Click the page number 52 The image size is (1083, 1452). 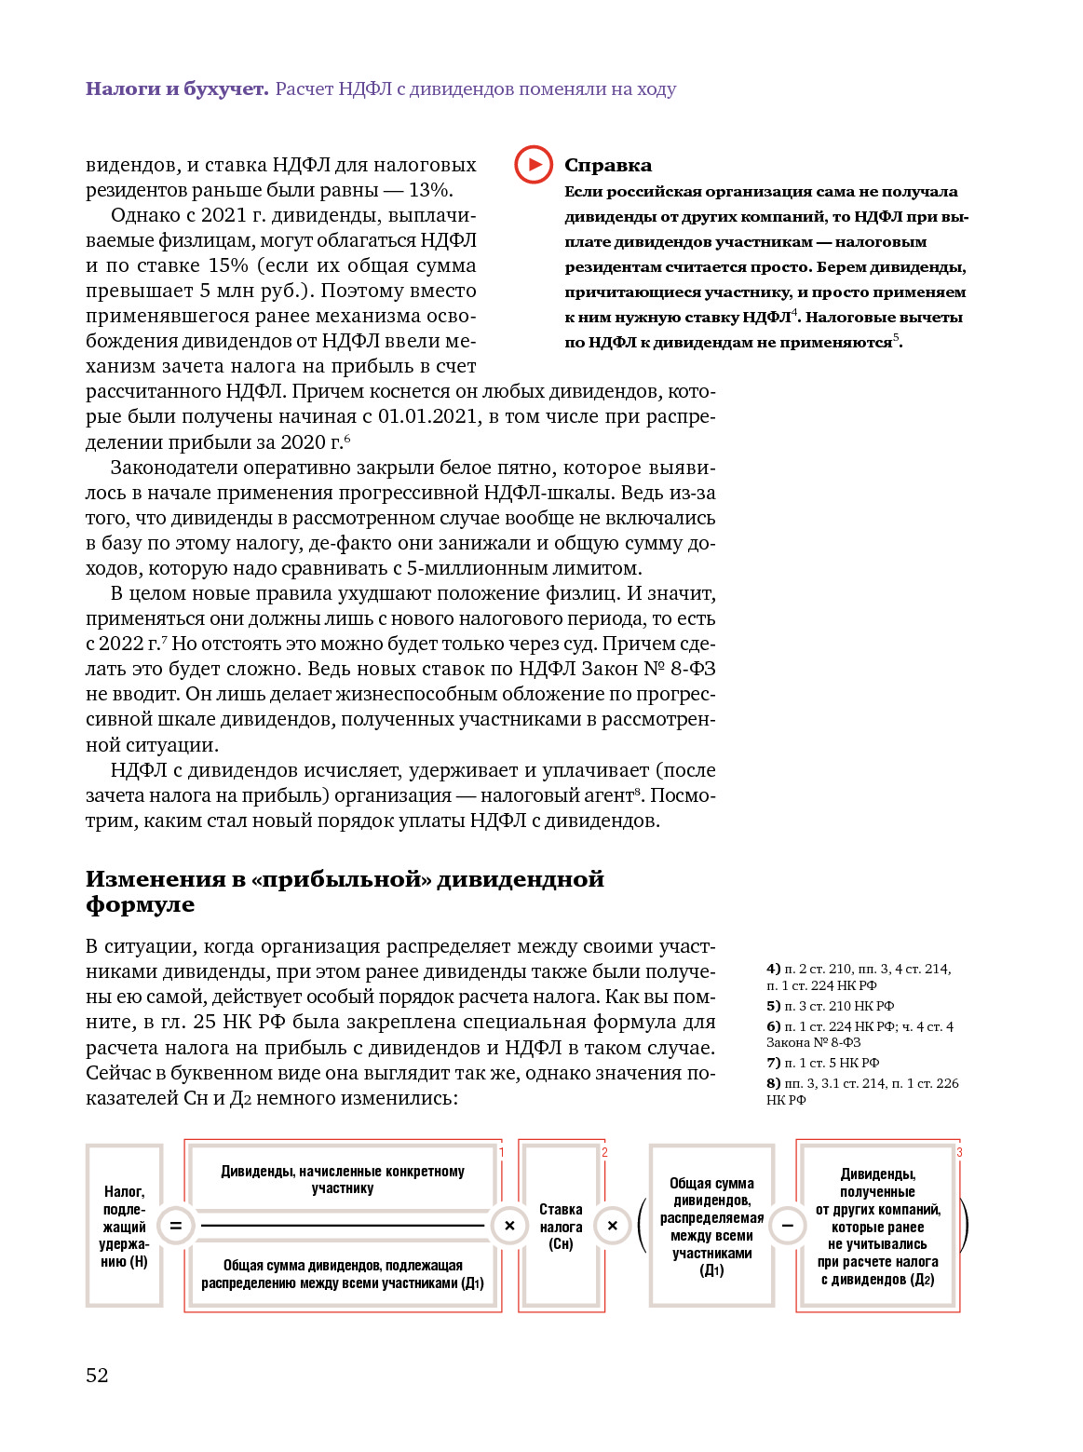tap(97, 1375)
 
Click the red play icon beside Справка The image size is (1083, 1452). tap(534, 165)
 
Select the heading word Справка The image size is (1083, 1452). tap(608, 166)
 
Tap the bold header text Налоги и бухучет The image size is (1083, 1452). tap(177, 89)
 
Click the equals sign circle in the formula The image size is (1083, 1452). tap(176, 1226)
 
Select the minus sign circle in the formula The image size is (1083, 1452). tap(788, 1226)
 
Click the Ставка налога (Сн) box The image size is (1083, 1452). tap(561, 1226)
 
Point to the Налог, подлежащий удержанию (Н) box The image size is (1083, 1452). tap(124, 1226)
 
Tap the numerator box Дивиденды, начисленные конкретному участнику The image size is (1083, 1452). tap(343, 1179)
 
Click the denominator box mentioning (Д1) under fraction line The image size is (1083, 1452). tap(343, 1274)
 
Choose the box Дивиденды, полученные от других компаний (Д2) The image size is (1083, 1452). tap(877, 1226)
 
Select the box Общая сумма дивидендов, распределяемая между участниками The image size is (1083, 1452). tap(711, 1226)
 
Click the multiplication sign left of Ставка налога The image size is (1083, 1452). tap(509, 1226)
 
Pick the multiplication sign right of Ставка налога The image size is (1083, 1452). tap(612, 1226)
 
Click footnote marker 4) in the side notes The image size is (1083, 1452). tap(773, 969)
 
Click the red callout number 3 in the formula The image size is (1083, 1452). tap(959, 1153)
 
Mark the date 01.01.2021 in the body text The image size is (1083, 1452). tap(427, 416)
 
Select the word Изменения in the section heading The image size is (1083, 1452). tap(156, 879)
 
